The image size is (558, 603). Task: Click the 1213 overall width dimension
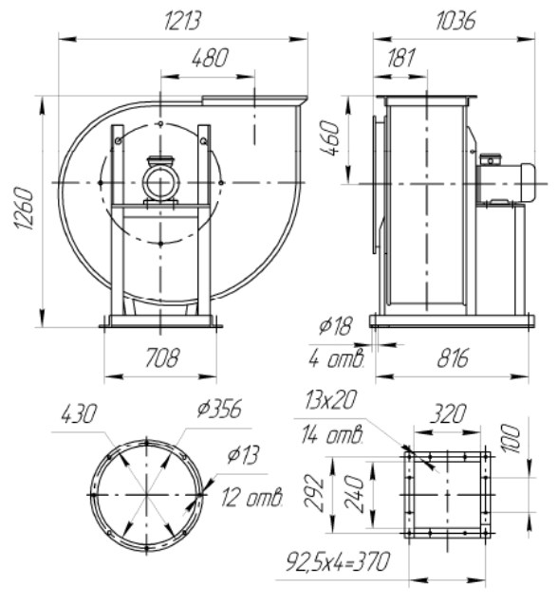(181, 21)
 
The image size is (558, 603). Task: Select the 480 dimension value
(210, 59)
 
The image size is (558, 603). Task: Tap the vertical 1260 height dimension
(26, 209)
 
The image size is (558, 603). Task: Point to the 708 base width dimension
(162, 358)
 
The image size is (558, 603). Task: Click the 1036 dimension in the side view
(456, 21)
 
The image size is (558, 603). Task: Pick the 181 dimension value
(401, 59)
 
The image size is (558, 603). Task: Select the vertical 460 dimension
(330, 137)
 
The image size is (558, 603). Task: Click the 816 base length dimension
(453, 358)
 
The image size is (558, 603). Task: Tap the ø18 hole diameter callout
(335, 327)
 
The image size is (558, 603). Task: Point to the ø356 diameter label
(219, 409)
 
